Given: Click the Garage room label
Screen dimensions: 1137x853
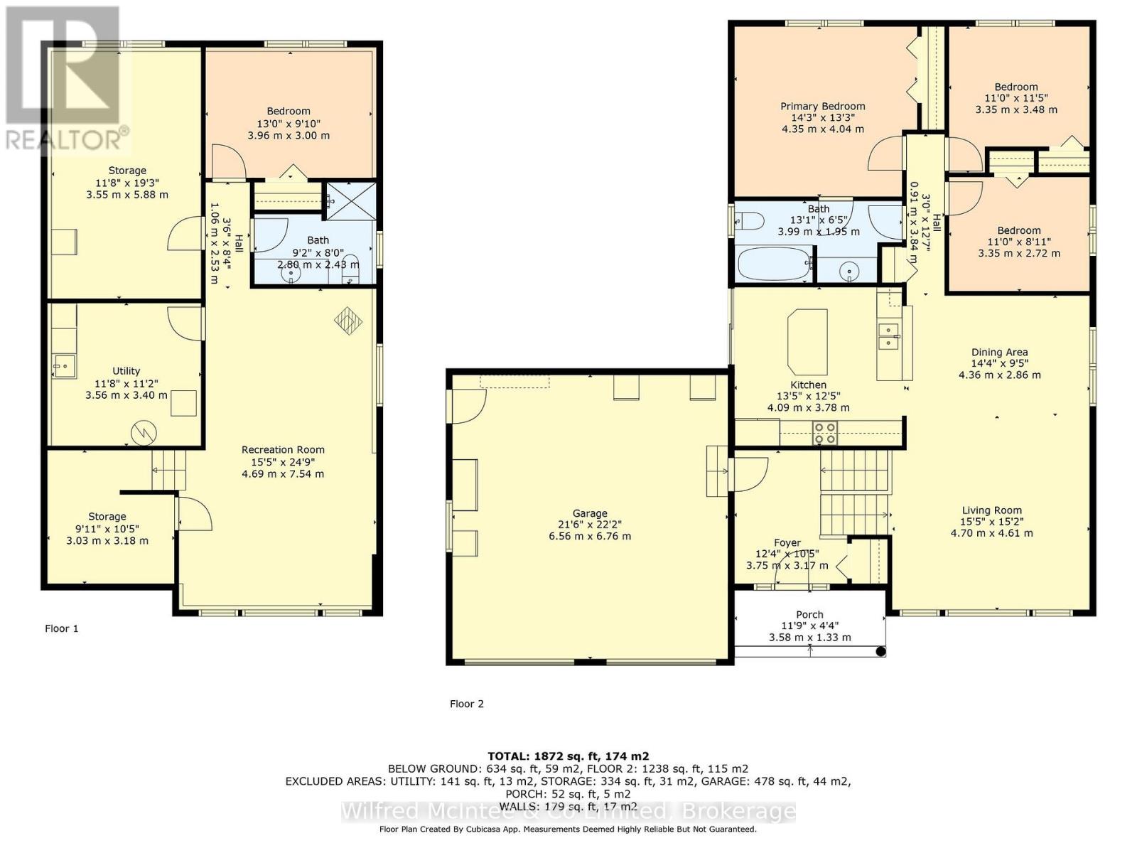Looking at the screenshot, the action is [x=590, y=513].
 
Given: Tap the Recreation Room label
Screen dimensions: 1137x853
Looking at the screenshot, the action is [x=283, y=449].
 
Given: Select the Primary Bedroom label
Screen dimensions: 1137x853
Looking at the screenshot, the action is [x=823, y=106].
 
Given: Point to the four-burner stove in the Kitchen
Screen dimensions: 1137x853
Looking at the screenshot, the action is [x=824, y=432].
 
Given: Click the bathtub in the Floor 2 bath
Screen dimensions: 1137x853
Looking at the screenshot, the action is [x=775, y=264].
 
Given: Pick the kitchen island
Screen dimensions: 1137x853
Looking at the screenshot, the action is [x=807, y=342].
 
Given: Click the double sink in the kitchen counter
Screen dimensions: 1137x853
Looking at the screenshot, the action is [x=889, y=337].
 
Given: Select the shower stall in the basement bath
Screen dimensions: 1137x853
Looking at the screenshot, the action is [x=350, y=200].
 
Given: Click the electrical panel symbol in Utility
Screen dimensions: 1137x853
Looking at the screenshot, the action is [x=144, y=433].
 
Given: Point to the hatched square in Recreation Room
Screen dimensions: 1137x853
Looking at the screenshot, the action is [x=348, y=321].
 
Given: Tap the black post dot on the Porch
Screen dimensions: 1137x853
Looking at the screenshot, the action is [x=880, y=652].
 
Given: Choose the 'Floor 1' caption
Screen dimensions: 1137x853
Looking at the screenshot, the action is [x=62, y=629].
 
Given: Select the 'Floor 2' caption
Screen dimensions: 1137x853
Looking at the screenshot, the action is [x=467, y=704].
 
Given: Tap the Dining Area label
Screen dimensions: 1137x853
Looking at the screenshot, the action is [x=999, y=352].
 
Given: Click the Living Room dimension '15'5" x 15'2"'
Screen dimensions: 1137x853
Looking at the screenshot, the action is [x=992, y=522].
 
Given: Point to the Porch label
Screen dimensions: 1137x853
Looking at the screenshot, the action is [x=809, y=615].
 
